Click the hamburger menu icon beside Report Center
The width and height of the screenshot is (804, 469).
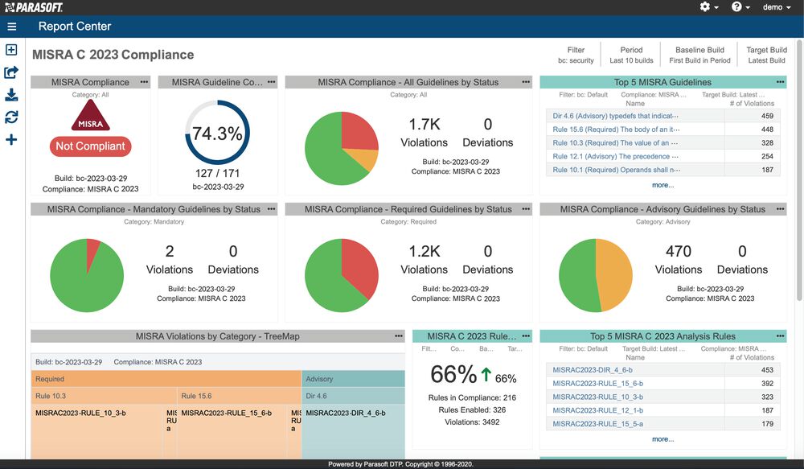tap(11, 27)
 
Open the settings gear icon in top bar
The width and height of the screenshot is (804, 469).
tap(705, 7)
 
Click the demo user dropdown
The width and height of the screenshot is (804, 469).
tap(776, 7)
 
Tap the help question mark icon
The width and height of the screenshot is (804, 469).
tap(736, 7)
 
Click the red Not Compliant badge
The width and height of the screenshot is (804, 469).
tap(91, 146)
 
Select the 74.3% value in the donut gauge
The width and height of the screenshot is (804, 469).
tap(217, 134)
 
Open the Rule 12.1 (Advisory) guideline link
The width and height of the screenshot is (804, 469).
tap(616, 156)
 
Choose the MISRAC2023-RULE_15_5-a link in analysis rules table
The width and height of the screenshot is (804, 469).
tap(598, 424)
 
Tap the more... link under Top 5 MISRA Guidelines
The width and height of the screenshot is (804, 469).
tap(662, 185)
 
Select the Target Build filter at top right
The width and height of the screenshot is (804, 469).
tap(766, 55)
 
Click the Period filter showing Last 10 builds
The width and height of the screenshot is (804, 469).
tap(631, 55)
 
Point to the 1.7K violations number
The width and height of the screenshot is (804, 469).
tap(424, 125)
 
